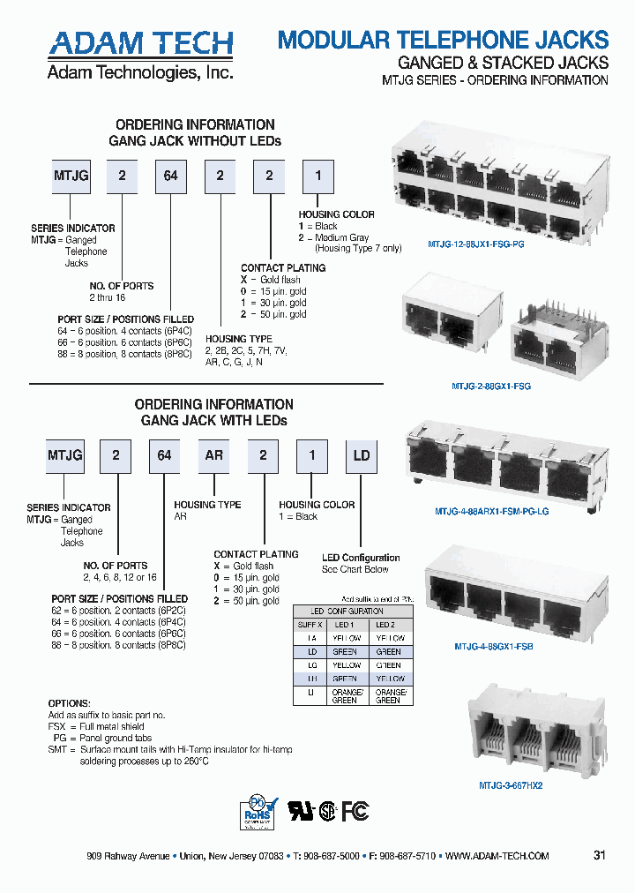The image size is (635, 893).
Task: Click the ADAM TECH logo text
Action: click(x=141, y=44)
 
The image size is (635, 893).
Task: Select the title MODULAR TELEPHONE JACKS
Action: click(x=443, y=40)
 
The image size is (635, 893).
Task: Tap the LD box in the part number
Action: click(x=361, y=456)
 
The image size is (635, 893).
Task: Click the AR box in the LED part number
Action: click(x=214, y=456)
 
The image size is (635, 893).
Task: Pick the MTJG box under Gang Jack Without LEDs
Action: click(x=71, y=176)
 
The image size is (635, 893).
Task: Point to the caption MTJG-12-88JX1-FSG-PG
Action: click(x=475, y=244)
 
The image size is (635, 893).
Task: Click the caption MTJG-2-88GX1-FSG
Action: click(x=491, y=386)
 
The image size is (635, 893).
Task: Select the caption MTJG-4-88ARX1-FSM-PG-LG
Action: click(x=491, y=511)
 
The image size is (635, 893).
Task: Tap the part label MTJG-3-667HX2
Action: click(x=510, y=784)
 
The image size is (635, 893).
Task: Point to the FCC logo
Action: click(x=355, y=811)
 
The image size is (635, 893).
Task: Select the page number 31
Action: click(x=600, y=856)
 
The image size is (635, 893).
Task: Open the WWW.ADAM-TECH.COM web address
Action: click(x=497, y=856)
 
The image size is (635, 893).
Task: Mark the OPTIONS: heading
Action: click(x=69, y=703)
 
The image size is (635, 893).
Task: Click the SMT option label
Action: click(x=57, y=749)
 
